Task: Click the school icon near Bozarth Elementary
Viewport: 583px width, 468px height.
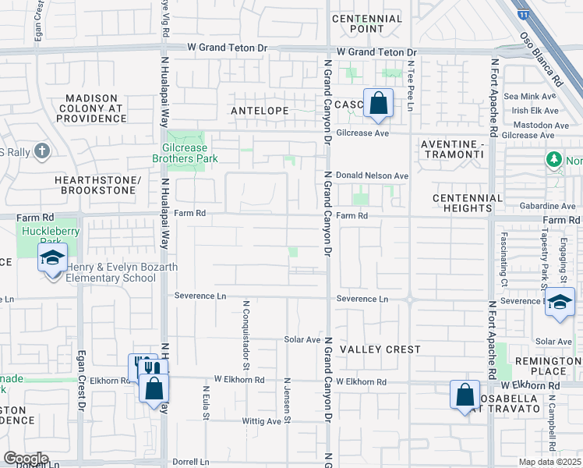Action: pyautogui.click(x=52, y=259)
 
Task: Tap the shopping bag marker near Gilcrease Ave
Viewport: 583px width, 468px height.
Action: pyautogui.click(x=378, y=103)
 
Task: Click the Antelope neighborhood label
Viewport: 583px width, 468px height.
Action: pyautogui.click(x=260, y=112)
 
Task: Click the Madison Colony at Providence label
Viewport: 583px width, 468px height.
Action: pyautogui.click(x=91, y=108)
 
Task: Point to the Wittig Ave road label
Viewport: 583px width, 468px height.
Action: pyautogui.click(x=263, y=421)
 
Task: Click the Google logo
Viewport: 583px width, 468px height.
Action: pyautogui.click(x=26, y=459)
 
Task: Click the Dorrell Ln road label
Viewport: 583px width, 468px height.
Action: pyautogui.click(x=191, y=462)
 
